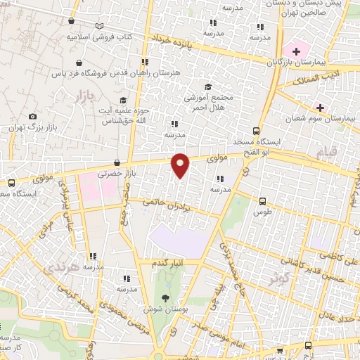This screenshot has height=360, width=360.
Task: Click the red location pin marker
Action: click(181, 165)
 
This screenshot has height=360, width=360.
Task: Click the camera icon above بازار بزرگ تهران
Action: click(32, 117)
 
